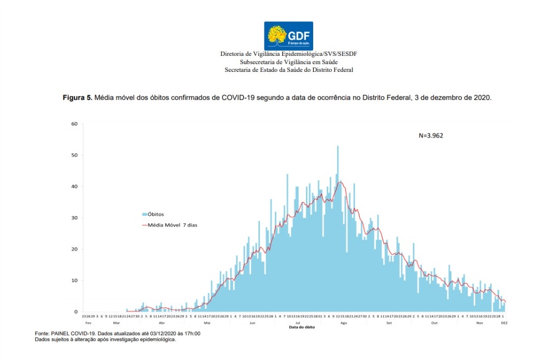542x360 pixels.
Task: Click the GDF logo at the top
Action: pos(288,36)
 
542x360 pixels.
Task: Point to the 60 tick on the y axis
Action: pos(75,124)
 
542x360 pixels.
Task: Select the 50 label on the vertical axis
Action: pos(75,155)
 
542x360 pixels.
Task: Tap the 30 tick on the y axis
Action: pos(75,218)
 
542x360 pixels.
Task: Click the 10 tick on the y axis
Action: pos(75,281)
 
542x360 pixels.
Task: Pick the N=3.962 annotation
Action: pos(431,136)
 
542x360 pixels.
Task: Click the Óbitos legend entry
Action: pos(156,214)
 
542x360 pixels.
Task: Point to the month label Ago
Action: pos(344,322)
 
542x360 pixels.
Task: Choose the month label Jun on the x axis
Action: pos(253,322)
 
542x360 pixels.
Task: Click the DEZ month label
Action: pos(504,322)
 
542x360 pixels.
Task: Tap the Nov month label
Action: pos(480,322)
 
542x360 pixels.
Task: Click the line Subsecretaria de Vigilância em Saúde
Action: pos(288,62)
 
